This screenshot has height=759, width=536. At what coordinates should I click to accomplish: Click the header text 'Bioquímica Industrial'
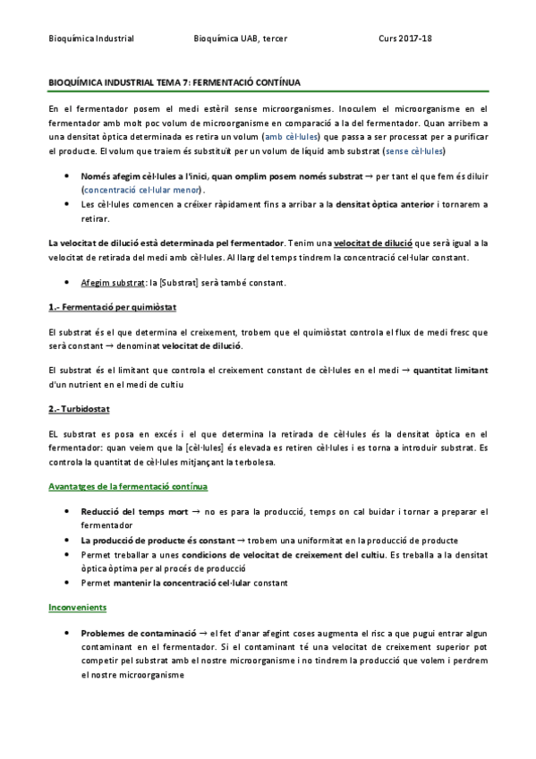[x=90, y=38]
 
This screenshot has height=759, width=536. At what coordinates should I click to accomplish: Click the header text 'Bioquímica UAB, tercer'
[x=240, y=38]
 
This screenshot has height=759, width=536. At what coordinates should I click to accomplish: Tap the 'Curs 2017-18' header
[x=406, y=38]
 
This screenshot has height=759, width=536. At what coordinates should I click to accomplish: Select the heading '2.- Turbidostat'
[x=81, y=410]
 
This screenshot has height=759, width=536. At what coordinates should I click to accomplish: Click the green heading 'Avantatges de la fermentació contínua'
[x=128, y=487]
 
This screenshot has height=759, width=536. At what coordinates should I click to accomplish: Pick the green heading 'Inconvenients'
[x=76, y=608]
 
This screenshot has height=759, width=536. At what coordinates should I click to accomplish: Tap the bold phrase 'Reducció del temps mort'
[x=133, y=512]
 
